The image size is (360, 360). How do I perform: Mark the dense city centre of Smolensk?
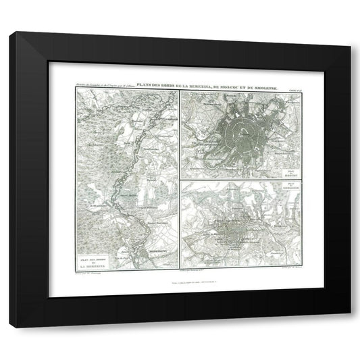pos(234,241)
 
